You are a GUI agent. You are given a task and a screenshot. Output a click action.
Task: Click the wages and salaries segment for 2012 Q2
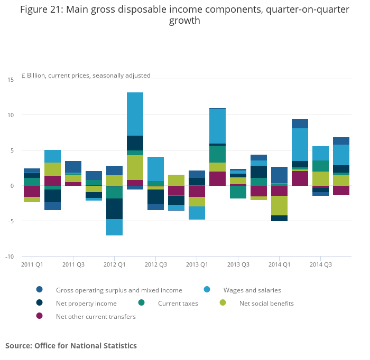[135, 114]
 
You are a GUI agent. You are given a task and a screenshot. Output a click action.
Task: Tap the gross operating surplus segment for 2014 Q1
[279, 175]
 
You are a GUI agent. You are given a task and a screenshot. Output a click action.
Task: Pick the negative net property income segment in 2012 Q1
[114, 209]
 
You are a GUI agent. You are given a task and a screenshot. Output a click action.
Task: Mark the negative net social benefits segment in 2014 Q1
[279, 205]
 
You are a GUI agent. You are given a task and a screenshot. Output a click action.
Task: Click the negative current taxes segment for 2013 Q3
[238, 192]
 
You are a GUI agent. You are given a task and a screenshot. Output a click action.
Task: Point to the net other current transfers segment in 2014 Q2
[300, 178]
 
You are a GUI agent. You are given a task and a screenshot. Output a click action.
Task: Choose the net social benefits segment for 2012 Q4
[176, 180]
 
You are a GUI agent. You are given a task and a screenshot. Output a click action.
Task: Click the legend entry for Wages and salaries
[252, 290]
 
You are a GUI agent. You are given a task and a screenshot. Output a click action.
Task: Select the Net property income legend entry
[86, 303]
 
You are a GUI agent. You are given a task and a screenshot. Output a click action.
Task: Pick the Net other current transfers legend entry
[96, 316]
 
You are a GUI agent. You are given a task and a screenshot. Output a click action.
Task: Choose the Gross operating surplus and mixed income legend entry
[119, 290]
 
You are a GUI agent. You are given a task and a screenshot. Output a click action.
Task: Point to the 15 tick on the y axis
[11, 79]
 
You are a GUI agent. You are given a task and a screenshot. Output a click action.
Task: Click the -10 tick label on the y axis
[10, 257]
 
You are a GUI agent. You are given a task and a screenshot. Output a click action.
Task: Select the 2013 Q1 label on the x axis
[197, 264]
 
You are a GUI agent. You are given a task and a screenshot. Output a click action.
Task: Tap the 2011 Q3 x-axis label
[73, 264]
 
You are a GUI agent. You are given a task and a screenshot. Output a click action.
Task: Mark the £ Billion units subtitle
[86, 75]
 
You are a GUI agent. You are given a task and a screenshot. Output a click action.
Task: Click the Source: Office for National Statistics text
[71, 346]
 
